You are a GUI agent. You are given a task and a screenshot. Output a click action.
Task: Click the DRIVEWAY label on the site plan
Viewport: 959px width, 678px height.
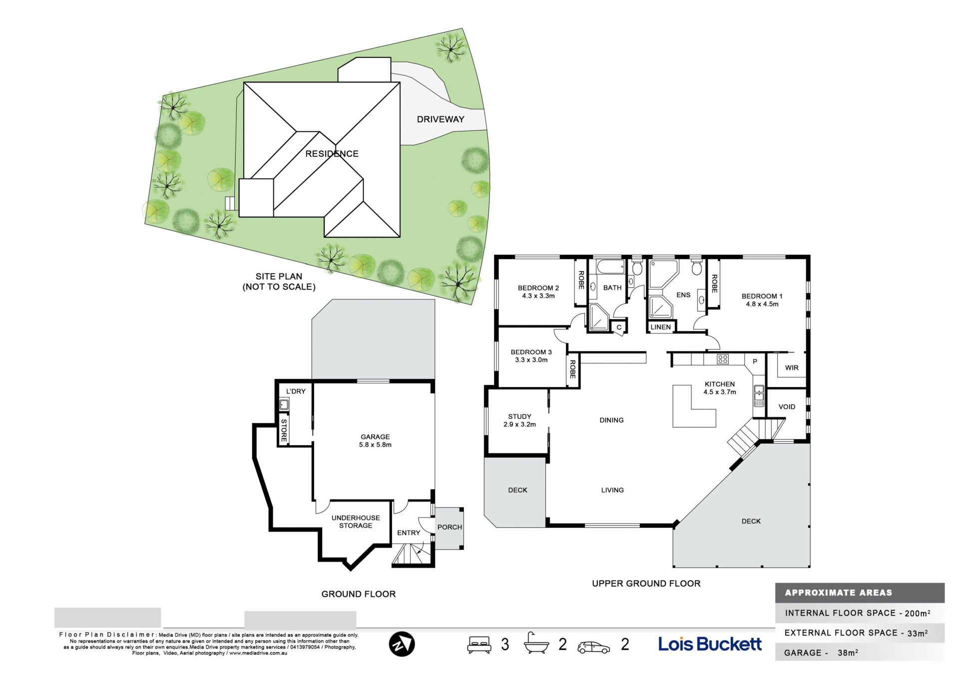click(441, 119)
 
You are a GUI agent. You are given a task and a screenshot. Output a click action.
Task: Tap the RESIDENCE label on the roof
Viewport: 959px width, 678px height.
click(332, 154)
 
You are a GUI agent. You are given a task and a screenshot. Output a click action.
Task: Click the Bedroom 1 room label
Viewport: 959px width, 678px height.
click(762, 300)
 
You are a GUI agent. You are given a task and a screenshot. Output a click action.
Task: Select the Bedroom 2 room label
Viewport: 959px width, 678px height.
click(538, 292)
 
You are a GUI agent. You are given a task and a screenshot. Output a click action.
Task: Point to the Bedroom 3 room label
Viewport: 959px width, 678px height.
click(531, 356)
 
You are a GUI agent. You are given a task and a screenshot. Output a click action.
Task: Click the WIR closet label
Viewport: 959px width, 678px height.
click(792, 368)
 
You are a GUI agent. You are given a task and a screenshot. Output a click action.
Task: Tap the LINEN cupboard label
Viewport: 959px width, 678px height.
click(661, 327)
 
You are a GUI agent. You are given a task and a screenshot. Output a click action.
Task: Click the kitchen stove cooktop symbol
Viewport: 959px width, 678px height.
click(723, 359)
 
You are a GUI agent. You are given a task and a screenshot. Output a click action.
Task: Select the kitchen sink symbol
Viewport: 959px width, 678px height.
click(759, 396)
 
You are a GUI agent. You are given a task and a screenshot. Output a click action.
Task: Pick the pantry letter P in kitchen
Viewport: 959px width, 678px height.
click(755, 361)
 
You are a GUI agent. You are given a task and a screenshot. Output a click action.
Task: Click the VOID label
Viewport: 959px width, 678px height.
click(787, 407)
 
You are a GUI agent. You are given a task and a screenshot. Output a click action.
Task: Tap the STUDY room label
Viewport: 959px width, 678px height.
click(519, 420)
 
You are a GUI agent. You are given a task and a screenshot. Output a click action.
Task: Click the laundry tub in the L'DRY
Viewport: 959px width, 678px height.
click(284, 405)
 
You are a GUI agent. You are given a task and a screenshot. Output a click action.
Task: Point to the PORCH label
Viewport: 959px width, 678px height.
click(450, 527)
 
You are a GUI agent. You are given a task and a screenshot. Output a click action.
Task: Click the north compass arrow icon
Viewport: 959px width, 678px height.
click(402, 645)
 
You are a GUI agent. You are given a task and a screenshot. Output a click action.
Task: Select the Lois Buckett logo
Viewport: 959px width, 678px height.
click(710, 644)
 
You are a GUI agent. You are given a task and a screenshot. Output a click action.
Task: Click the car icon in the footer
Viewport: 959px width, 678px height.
click(593, 647)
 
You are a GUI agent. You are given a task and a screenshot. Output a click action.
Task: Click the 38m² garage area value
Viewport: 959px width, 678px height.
click(848, 653)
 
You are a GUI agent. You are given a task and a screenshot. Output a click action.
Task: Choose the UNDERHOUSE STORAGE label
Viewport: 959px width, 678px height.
click(356, 522)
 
